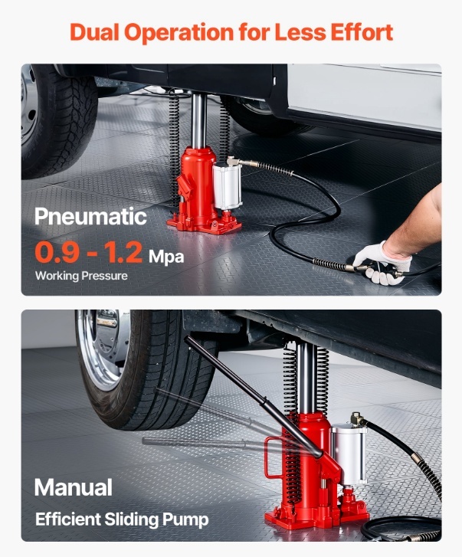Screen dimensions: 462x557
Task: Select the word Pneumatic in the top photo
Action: (90, 216)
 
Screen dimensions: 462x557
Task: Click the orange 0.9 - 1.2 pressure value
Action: (89, 252)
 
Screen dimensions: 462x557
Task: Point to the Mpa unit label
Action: (166, 257)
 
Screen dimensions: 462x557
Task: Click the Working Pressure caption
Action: (81, 276)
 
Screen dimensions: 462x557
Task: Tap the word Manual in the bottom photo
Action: (74, 487)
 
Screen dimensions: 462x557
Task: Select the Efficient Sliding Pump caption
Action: (122, 519)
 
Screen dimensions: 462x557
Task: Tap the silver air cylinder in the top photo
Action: (227, 186)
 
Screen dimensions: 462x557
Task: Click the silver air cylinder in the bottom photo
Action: (349, 454)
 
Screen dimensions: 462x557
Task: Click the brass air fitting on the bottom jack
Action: (357, 420)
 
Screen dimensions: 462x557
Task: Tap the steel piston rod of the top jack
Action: (198, 120)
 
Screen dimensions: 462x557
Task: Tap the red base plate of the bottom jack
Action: (317, 518)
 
